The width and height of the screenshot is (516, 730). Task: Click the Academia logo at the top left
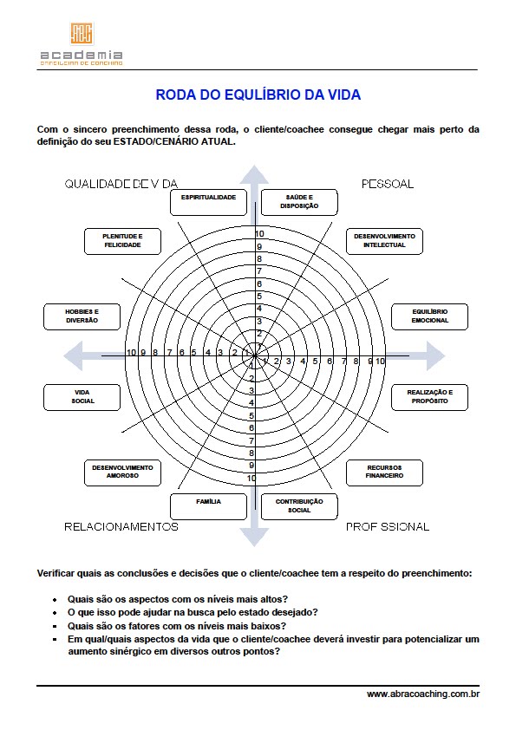click(x=82, y=43)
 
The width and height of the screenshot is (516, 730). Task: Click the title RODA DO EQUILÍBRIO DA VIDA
click(x=258, y=95)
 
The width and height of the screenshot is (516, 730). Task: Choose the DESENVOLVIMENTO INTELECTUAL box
click(x=384, y=240)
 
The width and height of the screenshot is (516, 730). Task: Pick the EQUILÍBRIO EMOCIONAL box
click(x=430, y=316)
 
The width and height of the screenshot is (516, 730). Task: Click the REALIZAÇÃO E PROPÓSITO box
click(x=429, y=396)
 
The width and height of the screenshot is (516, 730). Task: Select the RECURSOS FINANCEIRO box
click(x=384, y=472)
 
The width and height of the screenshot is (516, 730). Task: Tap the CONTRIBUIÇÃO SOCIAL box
click(x=299, y=505)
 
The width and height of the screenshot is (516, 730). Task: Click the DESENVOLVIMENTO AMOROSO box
click(x=122, y=472)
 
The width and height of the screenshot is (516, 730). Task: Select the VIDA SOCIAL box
click(x=82, y=396)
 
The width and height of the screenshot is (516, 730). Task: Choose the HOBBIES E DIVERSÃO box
click(x=82, y=316)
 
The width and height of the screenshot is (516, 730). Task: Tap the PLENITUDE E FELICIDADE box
click(x=122, y=240)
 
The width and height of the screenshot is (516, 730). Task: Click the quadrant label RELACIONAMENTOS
click(x=121, y=526)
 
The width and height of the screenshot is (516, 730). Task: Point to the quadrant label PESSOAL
click(x=387, y=184)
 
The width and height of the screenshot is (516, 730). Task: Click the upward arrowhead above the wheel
click(x=254, y=177)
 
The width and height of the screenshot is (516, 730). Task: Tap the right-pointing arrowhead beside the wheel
click(x=434, y=355)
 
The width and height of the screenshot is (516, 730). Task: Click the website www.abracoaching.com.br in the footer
click(x=423, y=694)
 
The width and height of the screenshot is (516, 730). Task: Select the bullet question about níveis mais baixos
click(x=177, y=625)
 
